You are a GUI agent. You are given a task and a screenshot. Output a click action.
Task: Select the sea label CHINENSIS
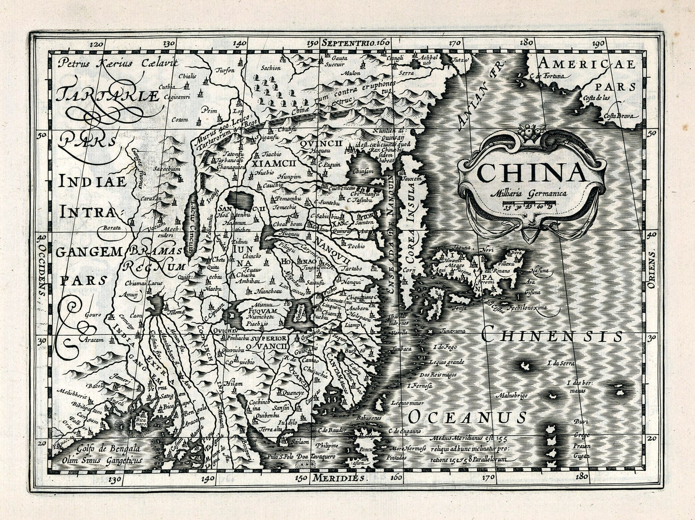[x=552, y=336]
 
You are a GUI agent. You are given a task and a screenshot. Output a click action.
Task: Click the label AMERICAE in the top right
[x=587, y=64]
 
